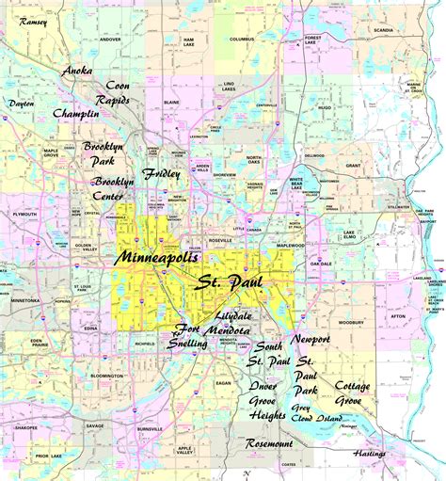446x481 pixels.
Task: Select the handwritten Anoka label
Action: [x=78, y=71]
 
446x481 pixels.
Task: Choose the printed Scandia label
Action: [x=384, y=30]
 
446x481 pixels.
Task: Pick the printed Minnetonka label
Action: [x=24, y=302]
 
